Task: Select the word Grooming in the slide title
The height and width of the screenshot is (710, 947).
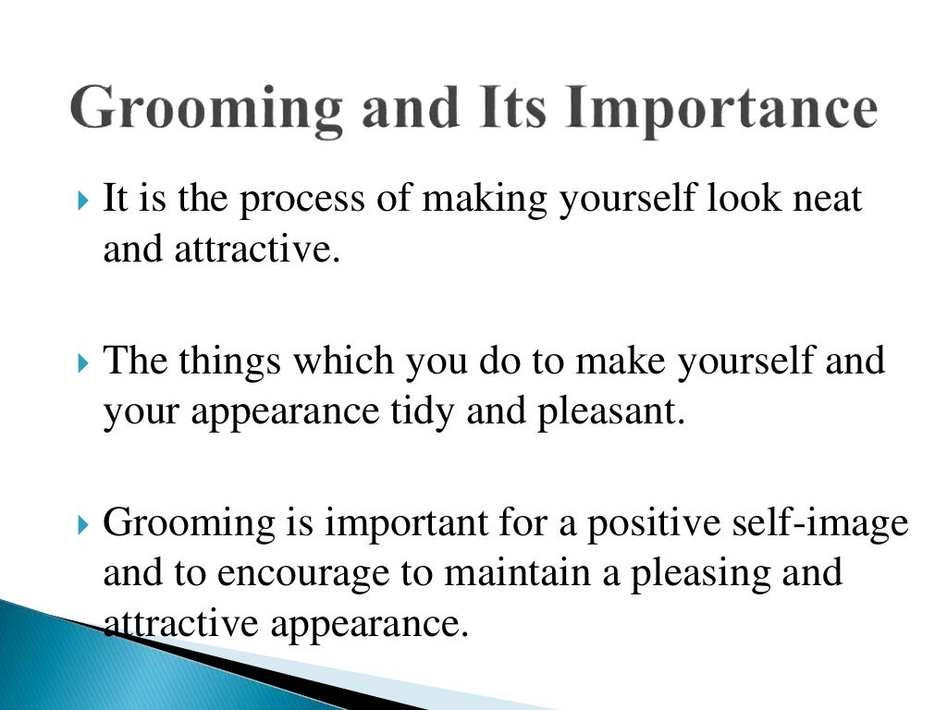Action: tap(206, 110)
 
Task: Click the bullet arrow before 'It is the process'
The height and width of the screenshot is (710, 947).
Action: tap(85, 200)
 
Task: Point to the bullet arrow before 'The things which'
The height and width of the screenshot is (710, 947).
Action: tap(85, 361)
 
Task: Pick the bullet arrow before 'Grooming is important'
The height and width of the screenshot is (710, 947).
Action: tap(85, 524)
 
